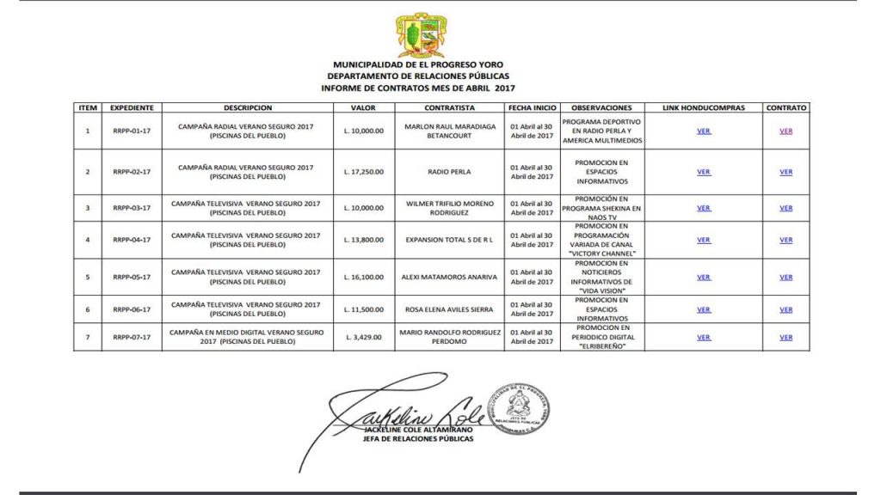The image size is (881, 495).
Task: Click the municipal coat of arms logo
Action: point(420,36)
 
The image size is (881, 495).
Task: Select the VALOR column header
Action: point(363,108)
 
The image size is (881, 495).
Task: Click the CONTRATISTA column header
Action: point(449,108)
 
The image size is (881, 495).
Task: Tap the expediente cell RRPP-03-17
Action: point(132,208)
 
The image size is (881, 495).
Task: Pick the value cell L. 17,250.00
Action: point(363,171)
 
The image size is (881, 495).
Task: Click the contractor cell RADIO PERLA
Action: point(449,171)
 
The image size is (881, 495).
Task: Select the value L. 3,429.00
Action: point(363,338)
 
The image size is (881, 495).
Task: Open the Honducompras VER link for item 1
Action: point(704,131)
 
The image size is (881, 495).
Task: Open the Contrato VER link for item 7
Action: point(786,338)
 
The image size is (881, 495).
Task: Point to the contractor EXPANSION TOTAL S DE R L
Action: point(449,241)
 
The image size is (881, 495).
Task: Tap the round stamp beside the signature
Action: point(519,408)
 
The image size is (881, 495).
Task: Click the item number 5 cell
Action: point(88,278)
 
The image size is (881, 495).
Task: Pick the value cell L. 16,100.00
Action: point(363,278)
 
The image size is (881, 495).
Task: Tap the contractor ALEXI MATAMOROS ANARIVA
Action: point(449,278)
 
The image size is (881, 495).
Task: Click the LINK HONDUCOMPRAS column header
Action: point(704,108)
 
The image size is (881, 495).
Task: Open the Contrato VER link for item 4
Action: point(786,241)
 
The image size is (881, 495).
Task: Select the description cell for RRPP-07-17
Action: point(248,337)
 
